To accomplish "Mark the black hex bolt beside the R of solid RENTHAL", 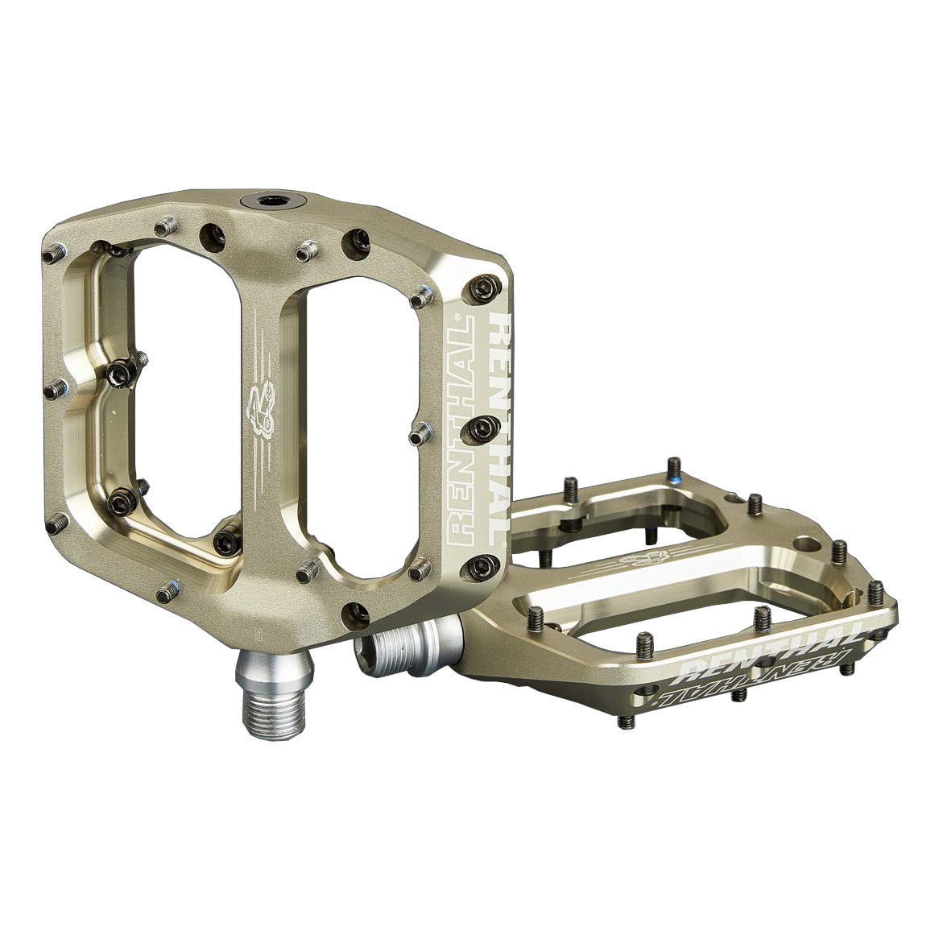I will (x=482, y=288).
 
